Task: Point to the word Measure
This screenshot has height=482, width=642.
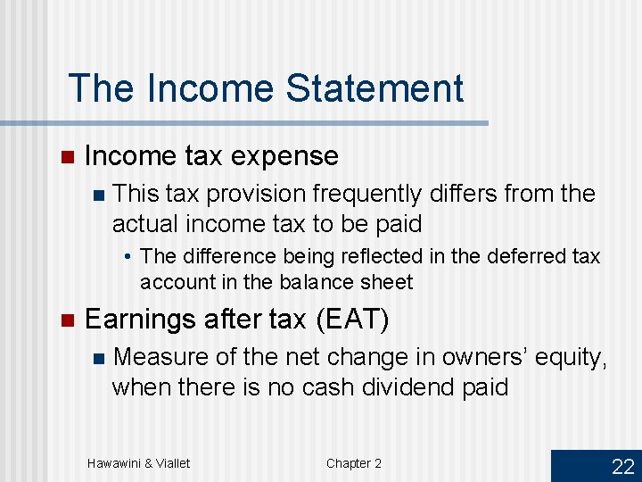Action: (164, 357)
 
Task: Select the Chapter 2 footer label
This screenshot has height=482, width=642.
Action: (353, 462)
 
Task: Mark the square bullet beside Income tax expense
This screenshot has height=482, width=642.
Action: (65, 157)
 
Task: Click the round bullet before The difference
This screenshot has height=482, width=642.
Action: (129, 257)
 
